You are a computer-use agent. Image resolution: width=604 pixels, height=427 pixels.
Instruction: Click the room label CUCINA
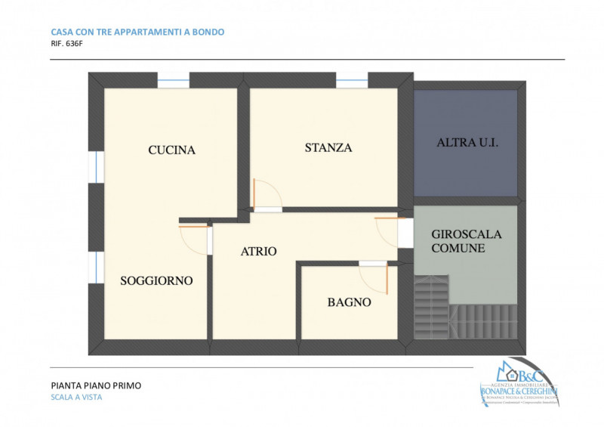point(171,150)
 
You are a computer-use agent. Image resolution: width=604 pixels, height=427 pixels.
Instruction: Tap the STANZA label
point(328,148)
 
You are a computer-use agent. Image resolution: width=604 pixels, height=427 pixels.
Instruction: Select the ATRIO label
point(258,252)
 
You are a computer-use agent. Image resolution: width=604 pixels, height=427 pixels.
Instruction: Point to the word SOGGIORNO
point(156,281)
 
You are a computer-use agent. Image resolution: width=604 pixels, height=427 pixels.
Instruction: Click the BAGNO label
point(349,302)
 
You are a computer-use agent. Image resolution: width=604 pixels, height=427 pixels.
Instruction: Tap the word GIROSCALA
point(466,234)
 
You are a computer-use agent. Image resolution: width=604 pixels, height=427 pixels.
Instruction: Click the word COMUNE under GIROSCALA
point(458,248)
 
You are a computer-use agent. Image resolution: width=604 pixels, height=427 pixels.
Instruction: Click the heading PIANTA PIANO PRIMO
point(95,385)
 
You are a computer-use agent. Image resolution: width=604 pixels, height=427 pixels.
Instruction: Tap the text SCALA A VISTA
point(75,398)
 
